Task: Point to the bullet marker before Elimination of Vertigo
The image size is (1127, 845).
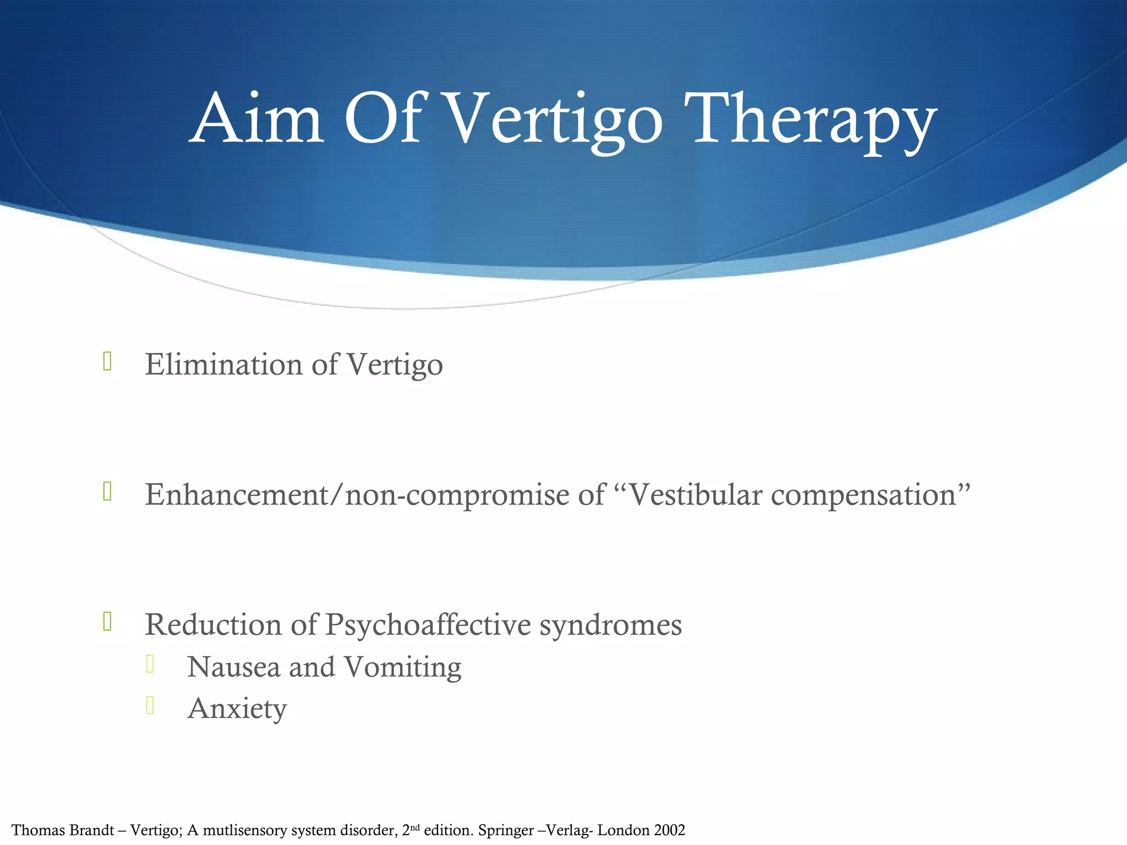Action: click(108, 361)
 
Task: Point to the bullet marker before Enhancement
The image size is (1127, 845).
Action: click(108, 491)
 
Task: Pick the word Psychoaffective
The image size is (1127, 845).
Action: click(428, 624)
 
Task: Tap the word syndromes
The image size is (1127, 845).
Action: click(610, 624)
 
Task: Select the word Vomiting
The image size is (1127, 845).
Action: click(402, 667)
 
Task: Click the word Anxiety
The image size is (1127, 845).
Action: click(237, 709)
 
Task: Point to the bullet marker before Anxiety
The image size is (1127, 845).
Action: click(150, 705)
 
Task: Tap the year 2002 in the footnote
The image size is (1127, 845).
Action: click(670, 830)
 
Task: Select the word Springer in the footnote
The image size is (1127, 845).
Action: click(506, 830)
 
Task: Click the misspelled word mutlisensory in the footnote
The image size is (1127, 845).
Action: click(245, 830)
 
